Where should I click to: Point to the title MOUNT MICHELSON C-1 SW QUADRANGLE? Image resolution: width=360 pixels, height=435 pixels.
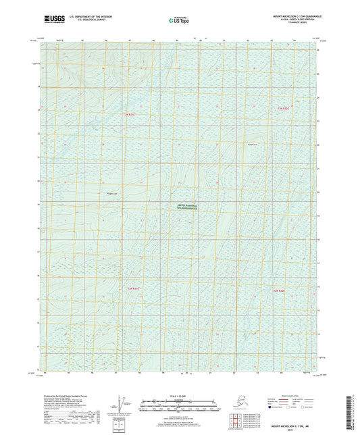pyautogui.click(x=287, y=14)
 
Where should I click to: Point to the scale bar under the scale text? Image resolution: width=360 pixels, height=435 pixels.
pyautogui.click(x=179, y=403)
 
